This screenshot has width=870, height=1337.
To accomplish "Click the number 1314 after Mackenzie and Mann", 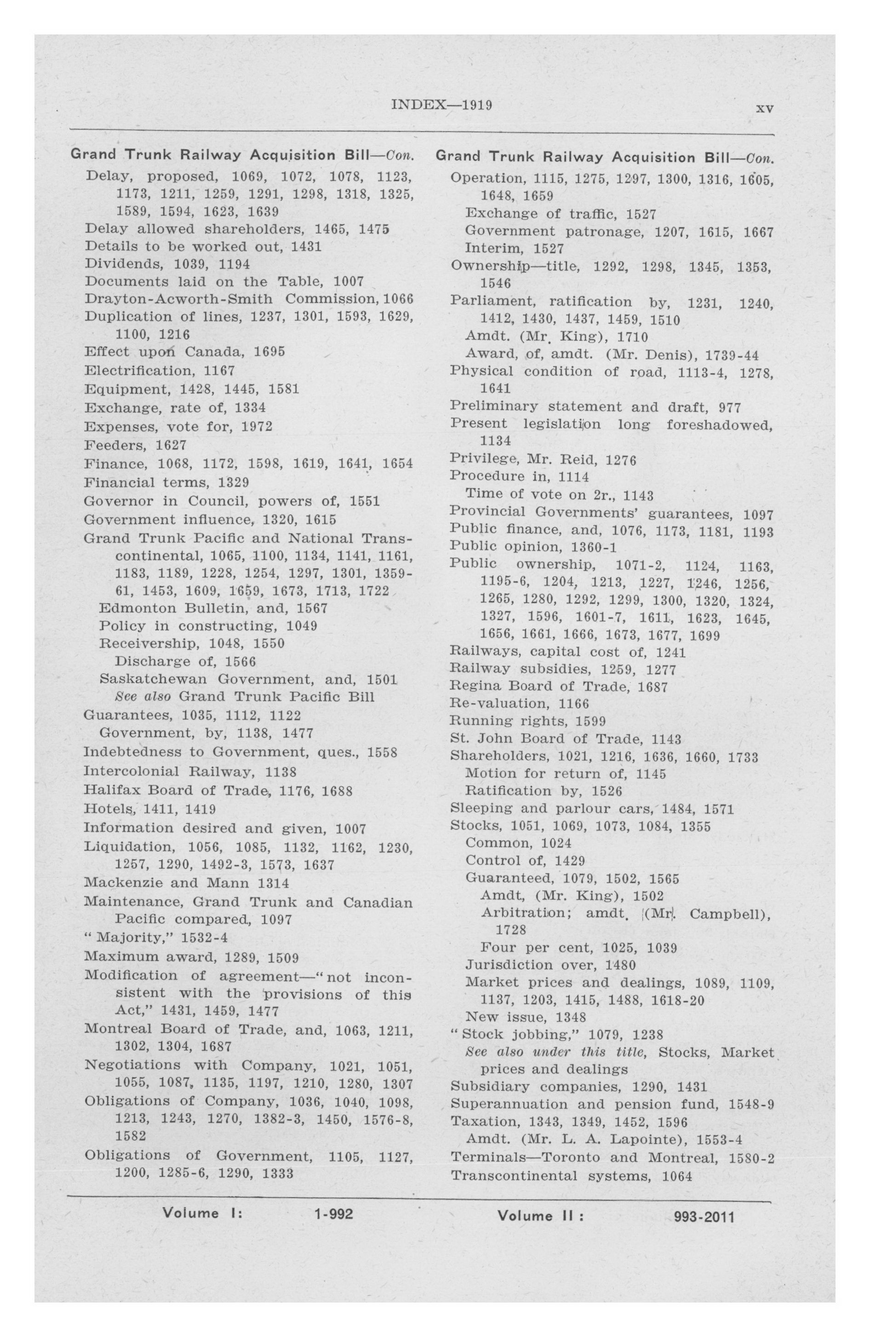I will click(x=273, y=883).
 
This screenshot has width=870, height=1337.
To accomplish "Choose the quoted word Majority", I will click(x=122, y=938).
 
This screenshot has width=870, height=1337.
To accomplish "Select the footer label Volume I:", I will click(x=202, y=1213).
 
